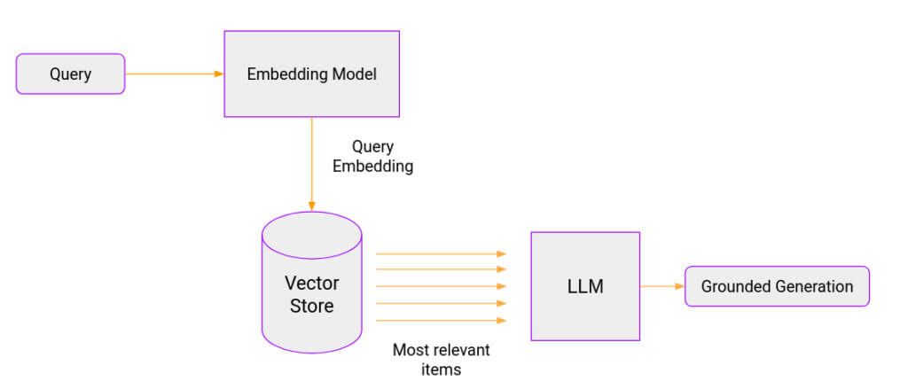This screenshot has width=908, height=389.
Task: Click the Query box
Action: click(x=71, y=74)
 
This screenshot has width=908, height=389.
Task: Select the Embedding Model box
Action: click(x=311, y=74)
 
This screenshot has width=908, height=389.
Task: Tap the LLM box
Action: click(x=585, y=286)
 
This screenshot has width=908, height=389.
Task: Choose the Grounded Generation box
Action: click(x=777, y=286)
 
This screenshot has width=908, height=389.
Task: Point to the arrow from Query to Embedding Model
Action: click(x=174, y=74)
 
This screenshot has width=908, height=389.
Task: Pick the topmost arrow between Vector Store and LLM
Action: click(x=441, y=253)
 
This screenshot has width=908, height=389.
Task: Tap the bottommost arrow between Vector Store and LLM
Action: click(x=441, y=320)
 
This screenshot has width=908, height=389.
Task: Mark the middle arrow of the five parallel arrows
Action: click(x=441, y=286)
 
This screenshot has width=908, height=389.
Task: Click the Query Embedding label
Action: click(x=372, y=156)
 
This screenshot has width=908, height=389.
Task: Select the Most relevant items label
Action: click(x=441, y=359)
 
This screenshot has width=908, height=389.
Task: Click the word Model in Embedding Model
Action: click(x=355, y=74)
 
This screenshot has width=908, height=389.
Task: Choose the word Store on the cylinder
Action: click(x=311, y=307)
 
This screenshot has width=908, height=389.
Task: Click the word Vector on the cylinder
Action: click(x=311, y=284)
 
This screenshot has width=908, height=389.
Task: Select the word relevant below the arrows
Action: click(x=461, y=349)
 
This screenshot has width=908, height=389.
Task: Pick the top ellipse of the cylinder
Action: click(x=311, y=233)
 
